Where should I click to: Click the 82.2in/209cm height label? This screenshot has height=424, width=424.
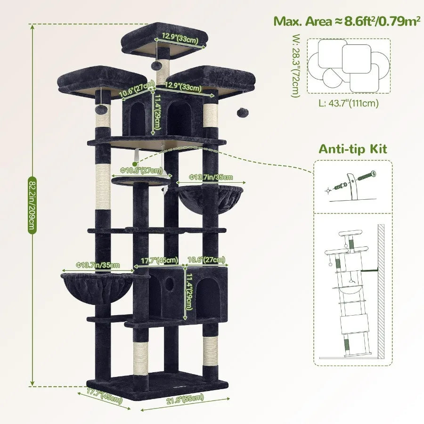(x=32, y=205)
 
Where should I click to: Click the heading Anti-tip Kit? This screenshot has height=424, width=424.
(x=353, y=149)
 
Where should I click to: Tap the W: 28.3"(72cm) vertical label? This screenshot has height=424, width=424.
(x=295, y=66)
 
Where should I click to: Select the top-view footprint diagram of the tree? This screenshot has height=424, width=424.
(x=349, y=66)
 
